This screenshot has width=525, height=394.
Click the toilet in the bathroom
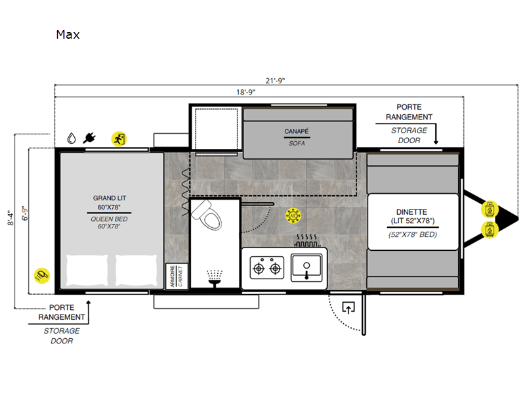pyautogui.click(x=207, y=215)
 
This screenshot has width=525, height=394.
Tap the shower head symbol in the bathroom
pyautogui.click(x=215, y=278)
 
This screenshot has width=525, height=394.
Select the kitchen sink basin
pyautogui.click(x=306, y=268)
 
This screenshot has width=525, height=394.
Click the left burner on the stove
pyautogui.click(x=259, y=269)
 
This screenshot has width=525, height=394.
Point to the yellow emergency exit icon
pyautogui.click(x=119, y=139)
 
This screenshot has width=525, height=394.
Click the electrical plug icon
pyautogui.click(x=89, y=138)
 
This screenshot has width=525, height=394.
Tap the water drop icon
pyautogui.click(x=72, y=138)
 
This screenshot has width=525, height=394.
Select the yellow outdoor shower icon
pyautogui.click(x=42, y=276)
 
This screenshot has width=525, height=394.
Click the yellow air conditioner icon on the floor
pyautogui.click(x=293, y=216)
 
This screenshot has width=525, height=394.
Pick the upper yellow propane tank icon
pyautogui.click(x=490, y=209)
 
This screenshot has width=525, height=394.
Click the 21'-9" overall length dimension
pyautogui.click(x=275, y=81)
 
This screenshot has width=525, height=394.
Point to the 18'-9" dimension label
pyautogui.click(x=245, y=92)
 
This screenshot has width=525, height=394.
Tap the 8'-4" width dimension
pyautogui.click(x=10, y=218)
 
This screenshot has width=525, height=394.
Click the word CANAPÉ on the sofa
pyautogui.click(x=297, y=131)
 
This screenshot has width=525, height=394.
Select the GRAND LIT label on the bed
pyautogui.click(x=110, y=198)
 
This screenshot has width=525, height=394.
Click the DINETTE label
pyautogui.click(x=412, y=212)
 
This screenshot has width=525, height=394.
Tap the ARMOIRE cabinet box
pyautogui.click(x=177, y=276)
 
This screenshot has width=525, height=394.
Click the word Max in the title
pyautogui.click(x=68, y=35)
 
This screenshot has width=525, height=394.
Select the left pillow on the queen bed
pyautogui.click(x=87, y=271)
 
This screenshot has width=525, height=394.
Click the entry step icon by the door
pyautogui.click(x=348, y=307)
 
